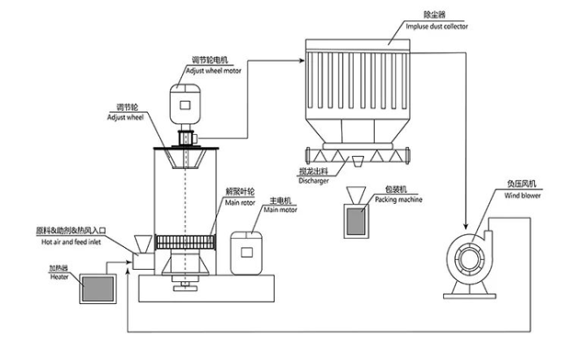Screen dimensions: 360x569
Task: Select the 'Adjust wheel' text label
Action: (124, 116)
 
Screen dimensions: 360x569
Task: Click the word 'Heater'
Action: (59, 275)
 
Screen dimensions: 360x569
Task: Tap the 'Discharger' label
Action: (315, 181)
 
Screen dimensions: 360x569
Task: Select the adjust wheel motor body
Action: (189, 105)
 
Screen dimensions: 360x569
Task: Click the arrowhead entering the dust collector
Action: (300, 58)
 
